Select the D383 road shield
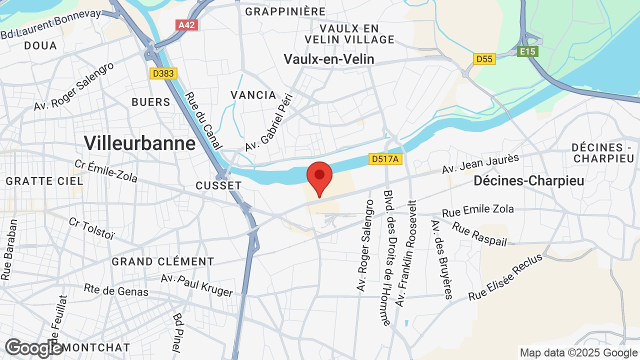(x=163, y=73)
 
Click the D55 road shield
(x=484, y=59)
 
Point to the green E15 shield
(x=527, y=51)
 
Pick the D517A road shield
(x=385, y=159)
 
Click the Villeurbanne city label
(x=139, y=143)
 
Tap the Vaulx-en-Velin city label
(x=329, y=59)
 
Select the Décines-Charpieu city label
(x=529, y=181)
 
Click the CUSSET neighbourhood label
(x=218, y=185)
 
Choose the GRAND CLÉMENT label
(x=163, y=261)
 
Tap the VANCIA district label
(x=253, y=95)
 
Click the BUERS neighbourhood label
(x=151, y=102)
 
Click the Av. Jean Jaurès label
(x=480, y=164)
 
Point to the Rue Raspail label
(x=479, y=234)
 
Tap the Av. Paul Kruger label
(x=197, y=285)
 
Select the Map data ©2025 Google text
(x=577, y=352)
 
